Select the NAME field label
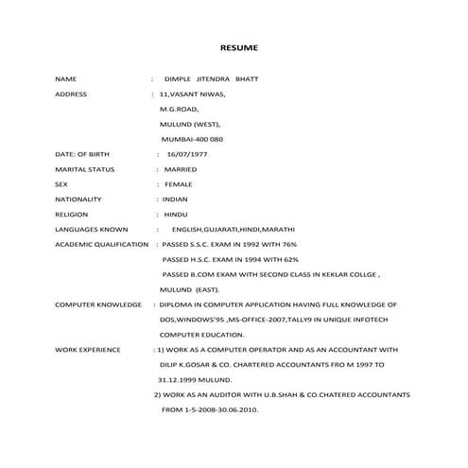[x=65, y=79]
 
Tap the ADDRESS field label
[x=71, y=95]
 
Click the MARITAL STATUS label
[x=84, y=169]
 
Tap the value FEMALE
[x=178, y=184]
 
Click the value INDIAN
[x=176, y=199]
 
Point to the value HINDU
[x=176, y=215]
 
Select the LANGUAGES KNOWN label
[x=91, y=230]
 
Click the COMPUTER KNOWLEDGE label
[x=97, y=304]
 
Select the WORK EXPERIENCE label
[x=88, y=350]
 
